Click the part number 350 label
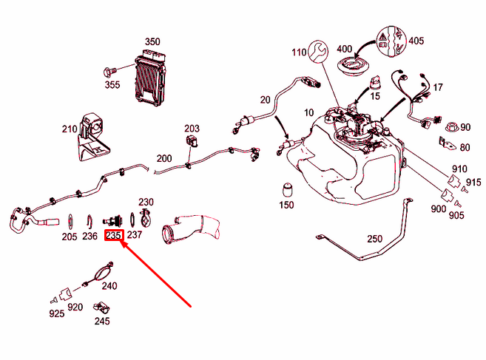(152, 41)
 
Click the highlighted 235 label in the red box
(113, 236)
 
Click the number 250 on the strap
(375, 239)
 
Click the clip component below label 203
(192, 141)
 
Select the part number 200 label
(163, 158)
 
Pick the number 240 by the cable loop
(108, 286)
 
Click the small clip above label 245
(101, 307)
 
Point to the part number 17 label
(438, 87)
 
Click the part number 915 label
(473, 183)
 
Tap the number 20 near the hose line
(265, 99)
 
